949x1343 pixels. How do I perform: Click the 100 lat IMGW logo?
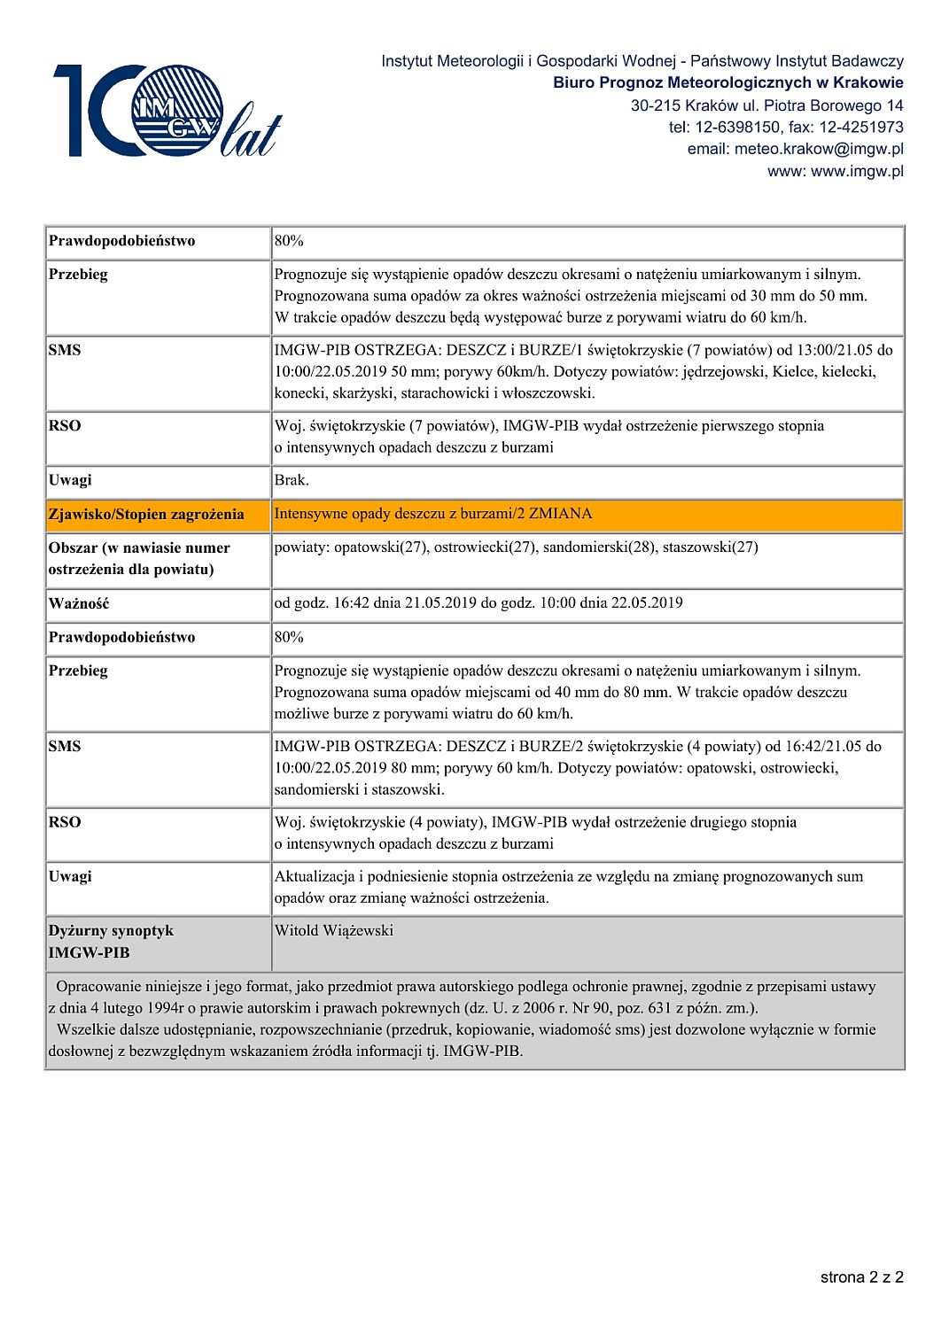pyautogui.click(x=167, y=111)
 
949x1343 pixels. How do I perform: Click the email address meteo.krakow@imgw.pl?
pyautogui.click(x=818, y=149)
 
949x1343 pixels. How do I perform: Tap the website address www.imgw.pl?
pyautogui.click(x=857, y=171)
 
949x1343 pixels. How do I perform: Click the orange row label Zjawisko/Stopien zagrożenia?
pyautogui.click(x=146, y=514)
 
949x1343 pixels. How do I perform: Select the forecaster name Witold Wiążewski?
pyautogui.click(x=333, y=930)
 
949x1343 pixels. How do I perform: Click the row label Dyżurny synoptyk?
pyautogui.click(x=111, y=930)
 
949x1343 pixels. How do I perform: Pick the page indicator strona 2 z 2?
pyautogui.click(x=861, y=1277)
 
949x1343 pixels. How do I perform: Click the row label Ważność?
pyautogui.click(x=79, y=603)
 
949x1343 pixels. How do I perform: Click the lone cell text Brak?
pyautogui.click(x=292, y=479)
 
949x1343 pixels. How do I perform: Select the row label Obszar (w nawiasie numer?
pyautogui.click(x=139, y=547)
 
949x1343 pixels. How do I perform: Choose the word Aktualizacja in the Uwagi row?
pyautogui.click(x=314, y=876)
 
